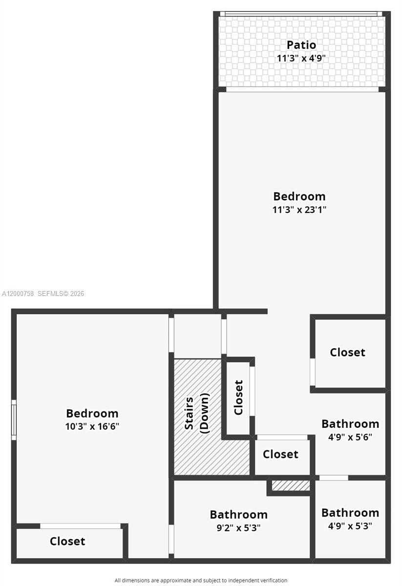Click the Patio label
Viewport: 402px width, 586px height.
301,45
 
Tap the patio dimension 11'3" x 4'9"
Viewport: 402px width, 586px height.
301,58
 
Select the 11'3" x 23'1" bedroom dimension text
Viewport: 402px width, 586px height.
299,209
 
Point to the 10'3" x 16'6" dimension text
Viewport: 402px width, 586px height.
92,426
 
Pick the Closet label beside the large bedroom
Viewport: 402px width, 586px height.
347,352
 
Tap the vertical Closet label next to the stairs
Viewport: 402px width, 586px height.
238,397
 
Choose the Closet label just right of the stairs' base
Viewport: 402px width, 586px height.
280,454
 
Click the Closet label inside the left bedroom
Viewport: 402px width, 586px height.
67,541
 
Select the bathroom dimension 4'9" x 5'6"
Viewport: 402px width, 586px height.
350,437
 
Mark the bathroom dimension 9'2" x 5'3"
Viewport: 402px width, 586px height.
238,527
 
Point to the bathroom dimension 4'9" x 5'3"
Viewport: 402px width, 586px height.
350,526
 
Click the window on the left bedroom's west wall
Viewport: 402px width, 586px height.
14,419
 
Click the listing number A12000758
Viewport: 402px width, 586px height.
18,293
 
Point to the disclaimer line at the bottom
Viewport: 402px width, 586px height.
201,580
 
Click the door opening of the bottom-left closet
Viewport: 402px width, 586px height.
81,526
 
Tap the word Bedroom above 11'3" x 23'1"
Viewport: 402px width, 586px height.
299,196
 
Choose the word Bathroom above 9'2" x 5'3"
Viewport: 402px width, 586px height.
238,514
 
